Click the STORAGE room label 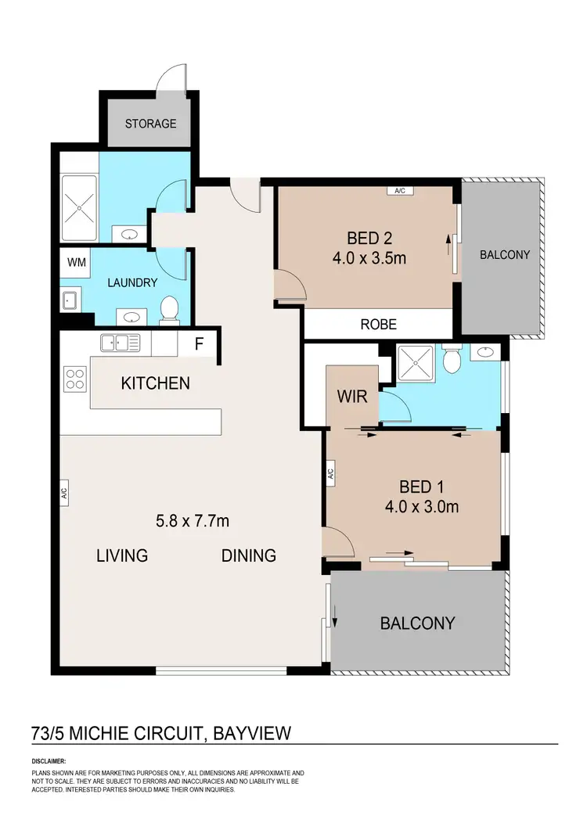point(152,124)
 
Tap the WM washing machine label point(76,262)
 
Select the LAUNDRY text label point(133,282)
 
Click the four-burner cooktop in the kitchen point(75,379)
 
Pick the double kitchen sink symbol point(120,342)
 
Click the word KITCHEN point(155,383)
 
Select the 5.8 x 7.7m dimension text point(194,520)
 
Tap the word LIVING point(122,555)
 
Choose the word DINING point(249,555)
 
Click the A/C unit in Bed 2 point(400,190)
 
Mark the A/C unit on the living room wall point(64,493)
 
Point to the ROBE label point(378,324)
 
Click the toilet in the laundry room point(167,311)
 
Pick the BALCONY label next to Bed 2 point(505,255)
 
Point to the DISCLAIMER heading point(49,760)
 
